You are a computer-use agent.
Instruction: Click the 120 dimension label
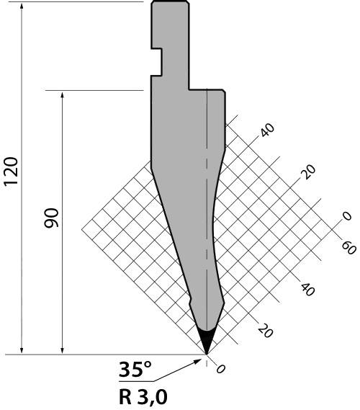coord(11,171)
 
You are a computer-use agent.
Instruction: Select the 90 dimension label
coord(51,218)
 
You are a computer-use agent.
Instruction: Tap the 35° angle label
coord(135,370)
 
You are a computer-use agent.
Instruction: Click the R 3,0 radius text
coord(143,396)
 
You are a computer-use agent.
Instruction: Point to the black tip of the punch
coord(207,342)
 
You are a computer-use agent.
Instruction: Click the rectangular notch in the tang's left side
coord(157,62)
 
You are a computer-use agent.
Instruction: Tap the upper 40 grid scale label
coord(268,130)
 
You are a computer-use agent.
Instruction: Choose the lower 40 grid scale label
coord(307,290)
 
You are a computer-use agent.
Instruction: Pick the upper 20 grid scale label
coord(308,171)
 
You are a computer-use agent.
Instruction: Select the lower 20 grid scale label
coord(266,330)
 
